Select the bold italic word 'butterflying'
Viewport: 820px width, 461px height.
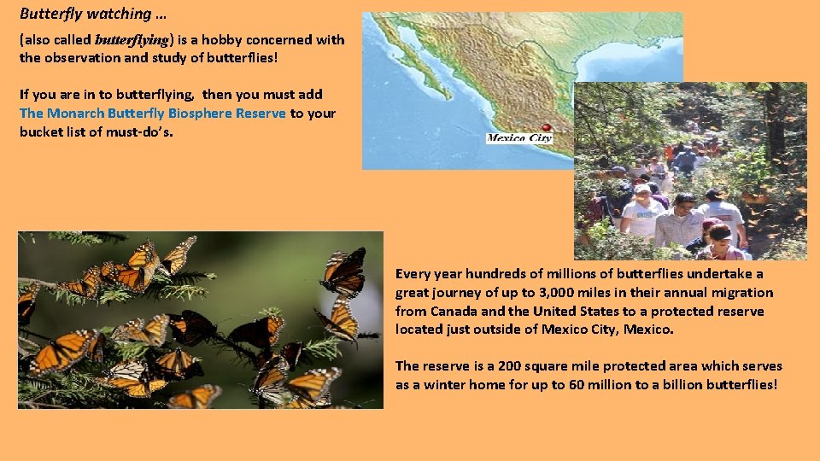(132, 40)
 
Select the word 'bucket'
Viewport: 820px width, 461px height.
(41, 132)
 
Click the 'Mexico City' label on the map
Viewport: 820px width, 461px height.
(518, 138)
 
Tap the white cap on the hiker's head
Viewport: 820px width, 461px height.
(642, 189)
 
